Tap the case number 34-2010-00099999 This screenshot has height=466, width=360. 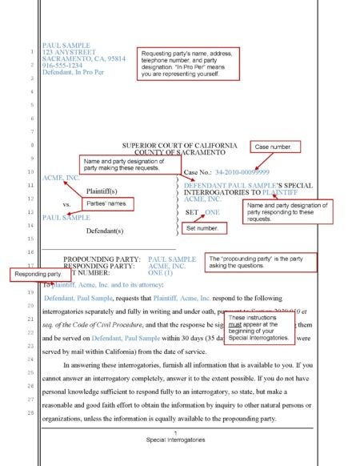[242, 172]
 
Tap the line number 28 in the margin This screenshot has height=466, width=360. [29, 412]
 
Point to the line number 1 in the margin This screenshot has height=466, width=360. [30, 54]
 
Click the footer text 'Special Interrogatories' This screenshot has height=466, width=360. [177, 440]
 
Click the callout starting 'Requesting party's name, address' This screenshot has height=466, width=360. [186, 63]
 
